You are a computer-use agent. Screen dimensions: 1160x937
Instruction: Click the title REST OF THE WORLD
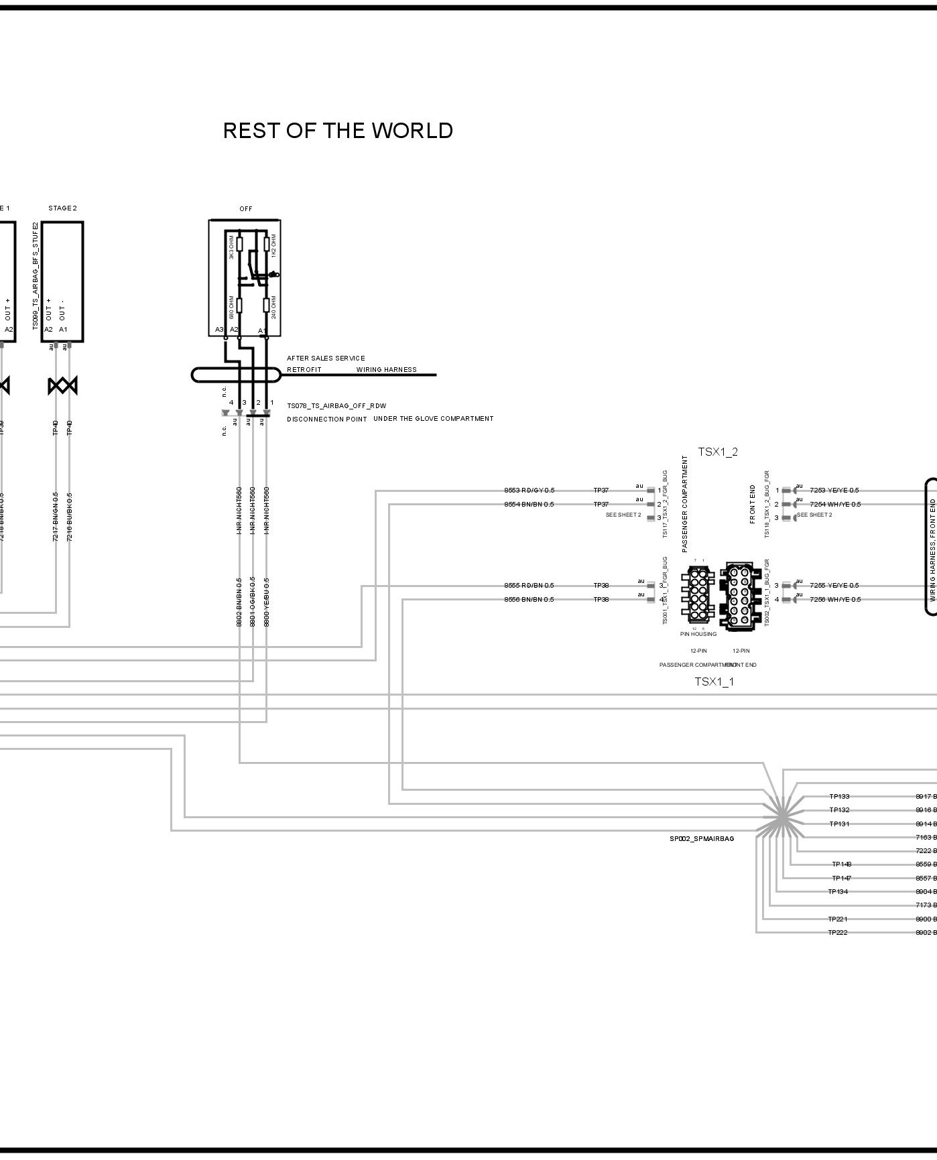point(338,131)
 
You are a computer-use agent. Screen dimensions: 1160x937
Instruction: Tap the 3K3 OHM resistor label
point(231,249)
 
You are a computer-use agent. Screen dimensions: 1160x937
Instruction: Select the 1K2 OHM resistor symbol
point(266,243)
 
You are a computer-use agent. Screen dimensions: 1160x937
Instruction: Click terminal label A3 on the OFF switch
point(219,330)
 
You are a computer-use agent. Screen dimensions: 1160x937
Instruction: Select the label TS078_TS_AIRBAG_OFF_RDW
point(336,406)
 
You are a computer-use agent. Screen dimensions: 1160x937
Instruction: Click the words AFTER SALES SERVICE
point(326,359)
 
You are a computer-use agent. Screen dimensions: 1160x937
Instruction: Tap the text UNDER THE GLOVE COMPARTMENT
point(433,419)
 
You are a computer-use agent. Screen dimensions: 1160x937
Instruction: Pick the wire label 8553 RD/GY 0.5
point(529,491)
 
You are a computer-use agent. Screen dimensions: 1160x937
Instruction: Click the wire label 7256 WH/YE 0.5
point(834,600)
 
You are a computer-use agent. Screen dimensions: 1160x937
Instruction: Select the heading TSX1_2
point(718,452)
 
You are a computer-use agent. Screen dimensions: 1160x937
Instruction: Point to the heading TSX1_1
point(714,682)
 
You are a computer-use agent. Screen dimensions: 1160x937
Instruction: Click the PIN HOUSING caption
point(698,634)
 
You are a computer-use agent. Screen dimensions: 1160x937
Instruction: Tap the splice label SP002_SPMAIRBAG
point(701,839)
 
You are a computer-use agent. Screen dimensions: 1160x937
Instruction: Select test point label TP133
point(839,797)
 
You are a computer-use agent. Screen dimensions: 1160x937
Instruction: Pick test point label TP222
point(837,933)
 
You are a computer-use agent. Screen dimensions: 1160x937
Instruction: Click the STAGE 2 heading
point(62,208)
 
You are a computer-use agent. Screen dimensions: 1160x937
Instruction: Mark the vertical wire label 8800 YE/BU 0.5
point(267,601)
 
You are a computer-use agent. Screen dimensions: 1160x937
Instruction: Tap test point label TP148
point(841,864)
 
